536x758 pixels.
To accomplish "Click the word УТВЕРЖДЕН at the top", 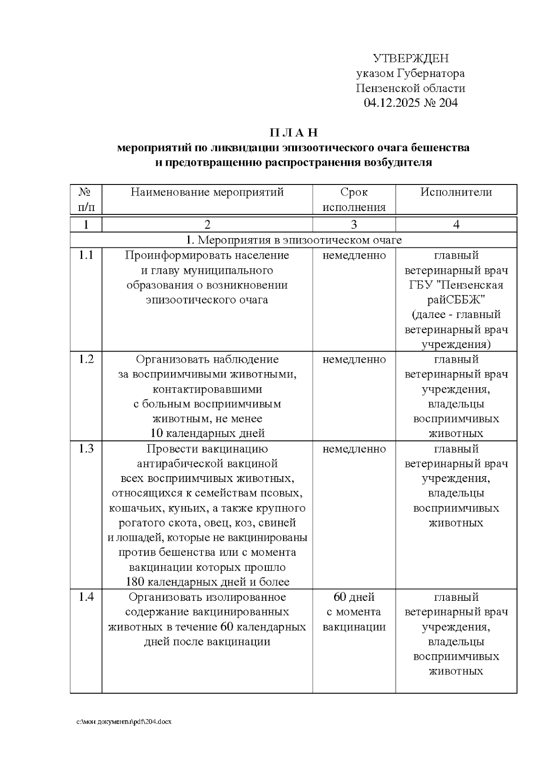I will coord(410,59).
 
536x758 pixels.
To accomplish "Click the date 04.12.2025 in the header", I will coord(392,103).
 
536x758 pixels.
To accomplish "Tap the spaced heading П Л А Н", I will coord(293,133).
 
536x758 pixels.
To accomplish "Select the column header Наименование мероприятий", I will coord(207,193).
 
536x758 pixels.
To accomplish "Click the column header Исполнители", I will coord(456,193).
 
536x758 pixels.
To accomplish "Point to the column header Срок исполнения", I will coord(354,200).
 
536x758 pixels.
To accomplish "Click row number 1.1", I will coord(86,255).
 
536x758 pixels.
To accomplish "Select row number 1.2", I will coord(86,360).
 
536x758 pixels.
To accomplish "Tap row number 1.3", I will coord(86,449).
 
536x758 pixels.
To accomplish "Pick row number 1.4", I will coord(86,597).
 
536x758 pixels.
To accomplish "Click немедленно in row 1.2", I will coord(354,360).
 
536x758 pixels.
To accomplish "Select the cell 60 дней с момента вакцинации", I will coord(354,612).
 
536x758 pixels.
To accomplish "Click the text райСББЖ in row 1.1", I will coord(456,300).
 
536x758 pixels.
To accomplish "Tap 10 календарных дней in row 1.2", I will coord(207,433).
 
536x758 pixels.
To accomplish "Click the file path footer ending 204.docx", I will coord(124,722).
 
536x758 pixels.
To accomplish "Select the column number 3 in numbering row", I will coord(354,225).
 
